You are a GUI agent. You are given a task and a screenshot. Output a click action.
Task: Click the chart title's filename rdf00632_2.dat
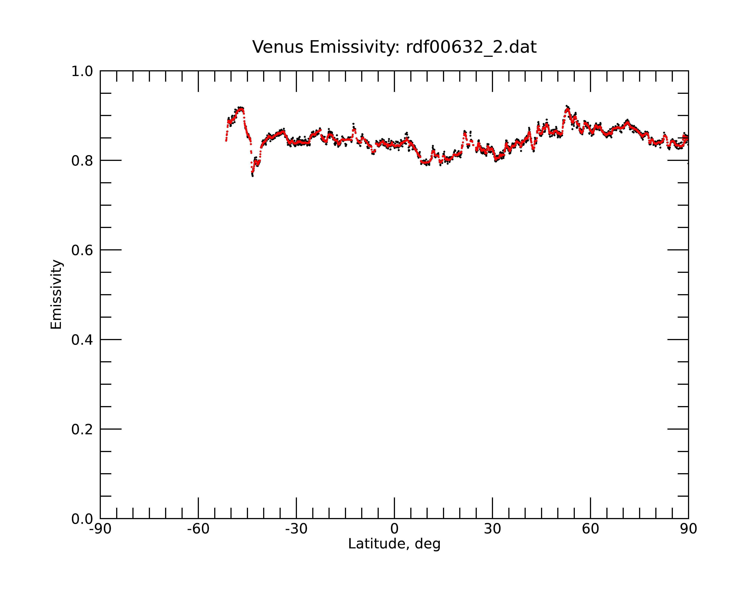click(x=471, y=47)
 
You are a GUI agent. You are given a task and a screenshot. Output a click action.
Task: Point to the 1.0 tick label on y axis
click(x=82, y=71)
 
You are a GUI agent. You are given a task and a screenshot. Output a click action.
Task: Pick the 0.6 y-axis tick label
click(x=82, y=250)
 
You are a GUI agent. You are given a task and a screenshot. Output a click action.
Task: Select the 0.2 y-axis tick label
click(x=82, y=429)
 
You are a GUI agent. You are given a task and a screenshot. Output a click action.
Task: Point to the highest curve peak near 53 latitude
click(x=567, y=107)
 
